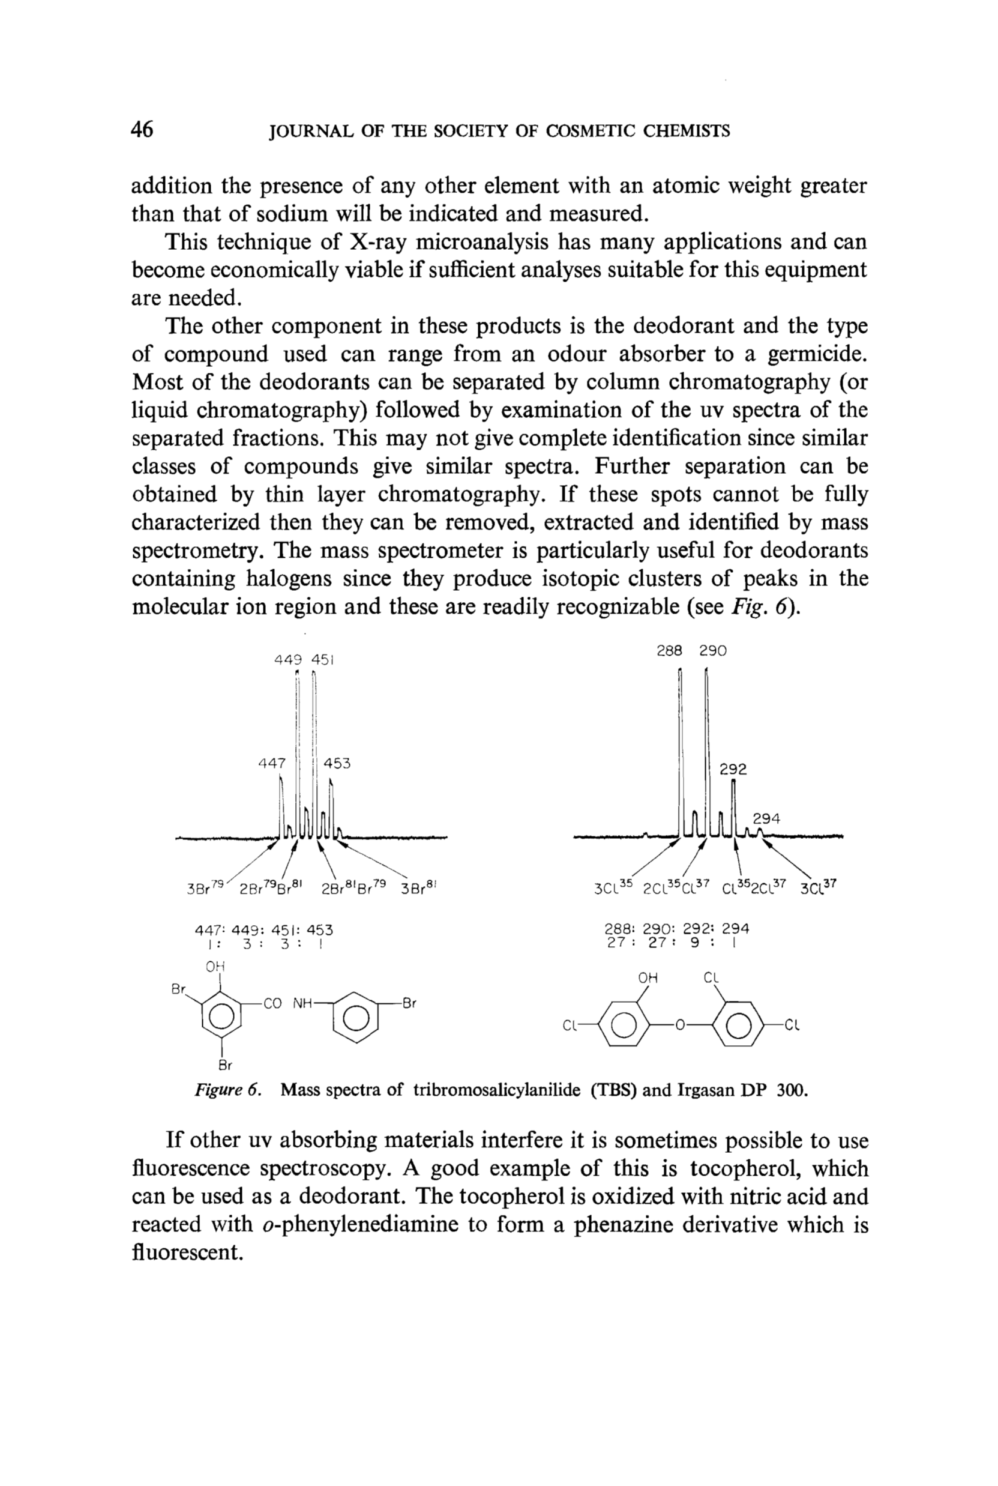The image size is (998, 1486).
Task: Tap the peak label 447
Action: [272, 763]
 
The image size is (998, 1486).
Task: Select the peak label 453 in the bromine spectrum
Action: [337, 763]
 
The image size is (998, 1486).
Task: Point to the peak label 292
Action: [733, 770]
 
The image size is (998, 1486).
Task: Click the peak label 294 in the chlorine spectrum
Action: [766, 819]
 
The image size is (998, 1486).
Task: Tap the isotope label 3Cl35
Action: [610, 887]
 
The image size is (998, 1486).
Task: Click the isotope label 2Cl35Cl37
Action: [675, 887]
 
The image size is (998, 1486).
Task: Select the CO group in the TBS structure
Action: [272, 1004]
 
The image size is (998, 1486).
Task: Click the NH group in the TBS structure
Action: [302, 1004]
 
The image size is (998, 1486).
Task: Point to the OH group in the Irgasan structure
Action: [648, 978]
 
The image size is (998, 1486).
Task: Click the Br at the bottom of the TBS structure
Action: [224, 1065]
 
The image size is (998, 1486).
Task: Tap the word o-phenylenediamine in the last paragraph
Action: [360, 1225]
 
